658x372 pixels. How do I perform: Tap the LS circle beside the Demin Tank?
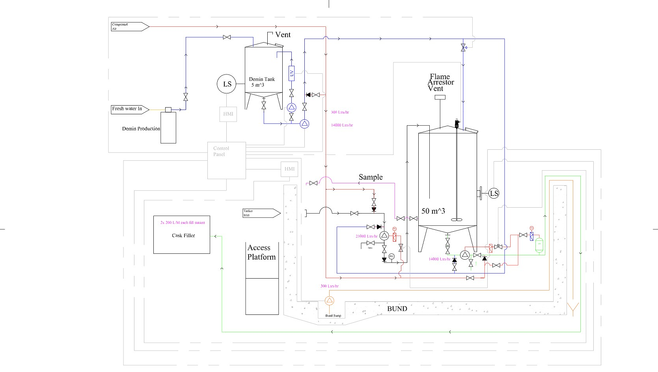(227, 84)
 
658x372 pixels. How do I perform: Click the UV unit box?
(291, 73)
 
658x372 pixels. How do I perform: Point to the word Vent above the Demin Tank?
(283, 35)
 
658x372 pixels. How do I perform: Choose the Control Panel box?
(226, 160)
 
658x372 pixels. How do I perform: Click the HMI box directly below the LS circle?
(228, 114)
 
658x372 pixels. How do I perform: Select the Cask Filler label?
(183, 236)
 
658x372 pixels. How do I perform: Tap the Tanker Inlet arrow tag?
(261, 213)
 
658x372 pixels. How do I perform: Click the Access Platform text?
(261, 252)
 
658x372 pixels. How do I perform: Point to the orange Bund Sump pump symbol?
(329, 301)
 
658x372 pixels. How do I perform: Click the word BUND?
(397, 309)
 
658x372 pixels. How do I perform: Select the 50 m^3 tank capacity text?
(433, 211)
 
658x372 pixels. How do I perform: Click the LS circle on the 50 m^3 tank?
(494, 193)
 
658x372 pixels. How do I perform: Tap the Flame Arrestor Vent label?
(440, 82)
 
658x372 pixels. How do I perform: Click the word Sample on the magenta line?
(370, 177)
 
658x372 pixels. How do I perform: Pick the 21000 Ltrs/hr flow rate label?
(366, 236)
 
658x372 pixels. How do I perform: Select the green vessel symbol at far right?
(539, 245)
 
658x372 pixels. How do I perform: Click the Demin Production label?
(141, 129)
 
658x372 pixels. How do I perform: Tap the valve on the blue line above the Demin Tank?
(227, 37)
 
